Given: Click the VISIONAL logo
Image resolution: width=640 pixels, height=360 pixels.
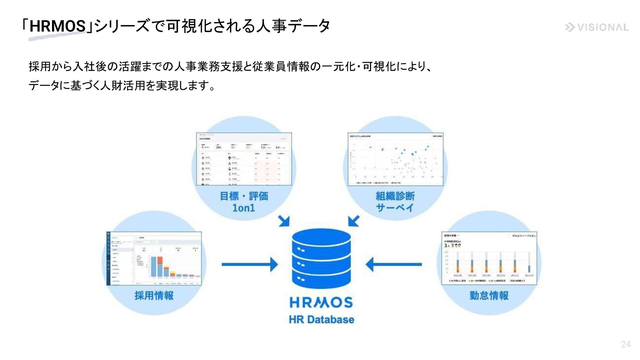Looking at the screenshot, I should click(x=597, y=27).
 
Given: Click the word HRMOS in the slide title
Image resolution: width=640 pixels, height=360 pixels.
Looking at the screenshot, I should click(x=57, y=26).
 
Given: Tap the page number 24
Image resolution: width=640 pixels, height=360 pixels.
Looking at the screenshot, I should click(x=626, y=344).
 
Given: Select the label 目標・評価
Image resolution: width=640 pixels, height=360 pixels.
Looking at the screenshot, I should click(x=244, y=196).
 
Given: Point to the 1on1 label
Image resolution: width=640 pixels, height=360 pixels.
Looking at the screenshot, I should click(x=244, y=208).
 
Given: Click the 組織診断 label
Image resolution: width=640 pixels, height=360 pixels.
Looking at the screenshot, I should click(x=395, y=196).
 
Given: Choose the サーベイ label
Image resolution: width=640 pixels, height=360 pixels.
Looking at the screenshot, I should click(x=395, y=208).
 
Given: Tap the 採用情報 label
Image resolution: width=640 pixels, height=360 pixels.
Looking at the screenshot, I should click(x=154, y=295).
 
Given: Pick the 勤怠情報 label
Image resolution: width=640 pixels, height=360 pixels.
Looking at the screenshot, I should click(x=489, y=295).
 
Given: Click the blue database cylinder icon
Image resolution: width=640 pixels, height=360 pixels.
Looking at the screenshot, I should click(x=321, y=258).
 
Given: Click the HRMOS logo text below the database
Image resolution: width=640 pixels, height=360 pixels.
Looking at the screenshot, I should click(x=321, y=303).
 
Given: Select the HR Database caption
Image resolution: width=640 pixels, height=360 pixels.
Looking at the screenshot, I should click(x=321, y=319).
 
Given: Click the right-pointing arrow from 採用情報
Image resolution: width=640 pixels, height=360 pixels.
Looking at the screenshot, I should click(x=250, y=265).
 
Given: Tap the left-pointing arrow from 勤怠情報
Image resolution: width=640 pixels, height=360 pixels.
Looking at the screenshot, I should click(x=393, y=265).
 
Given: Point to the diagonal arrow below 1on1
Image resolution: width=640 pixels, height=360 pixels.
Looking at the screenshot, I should click(x=284, y=221).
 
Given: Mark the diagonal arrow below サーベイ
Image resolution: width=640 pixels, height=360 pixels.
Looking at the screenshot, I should click(x=354, y=221).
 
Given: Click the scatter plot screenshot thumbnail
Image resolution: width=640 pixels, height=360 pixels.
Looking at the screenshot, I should click(x=395, y=159).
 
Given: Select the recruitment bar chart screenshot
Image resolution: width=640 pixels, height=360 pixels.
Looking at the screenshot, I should click(x=154, y=259).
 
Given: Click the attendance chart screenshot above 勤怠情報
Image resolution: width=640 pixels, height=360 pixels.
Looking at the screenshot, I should click(x=489, y=258).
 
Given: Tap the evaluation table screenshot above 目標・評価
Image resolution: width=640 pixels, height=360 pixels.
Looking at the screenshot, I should click(x=244, y=159).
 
